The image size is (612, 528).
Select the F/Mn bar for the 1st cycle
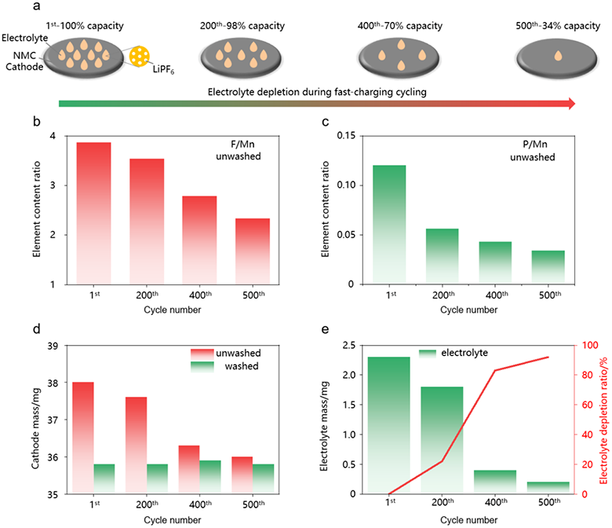coord(93,213)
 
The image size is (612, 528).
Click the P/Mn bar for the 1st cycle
coord(388,225)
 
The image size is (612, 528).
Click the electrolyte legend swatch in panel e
coord(428,354)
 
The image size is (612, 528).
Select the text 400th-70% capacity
coord(399,26)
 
